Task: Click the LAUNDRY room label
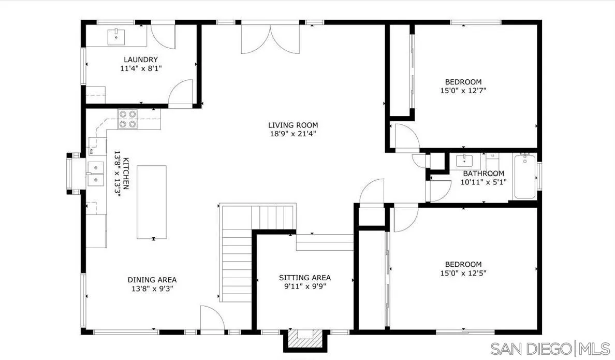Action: coord(140,60)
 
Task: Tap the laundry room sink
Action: coord(116,37)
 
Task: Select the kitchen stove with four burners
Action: coord(128,119)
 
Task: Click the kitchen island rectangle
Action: coord(151,202)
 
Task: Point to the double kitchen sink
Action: coord(95,174)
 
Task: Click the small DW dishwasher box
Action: coord(91,151)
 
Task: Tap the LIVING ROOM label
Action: coord(292,125)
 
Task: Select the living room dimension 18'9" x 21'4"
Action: coord(292,134)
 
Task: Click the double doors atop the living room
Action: coord(270,39)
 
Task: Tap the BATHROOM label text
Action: coord(483,174)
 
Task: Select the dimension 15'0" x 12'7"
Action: coord(463,90)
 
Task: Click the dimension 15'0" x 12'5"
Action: coord(463,273)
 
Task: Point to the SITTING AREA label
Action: coord(304,278)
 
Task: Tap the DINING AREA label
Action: coord(152,280)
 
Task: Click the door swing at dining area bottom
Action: coord(211,318)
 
